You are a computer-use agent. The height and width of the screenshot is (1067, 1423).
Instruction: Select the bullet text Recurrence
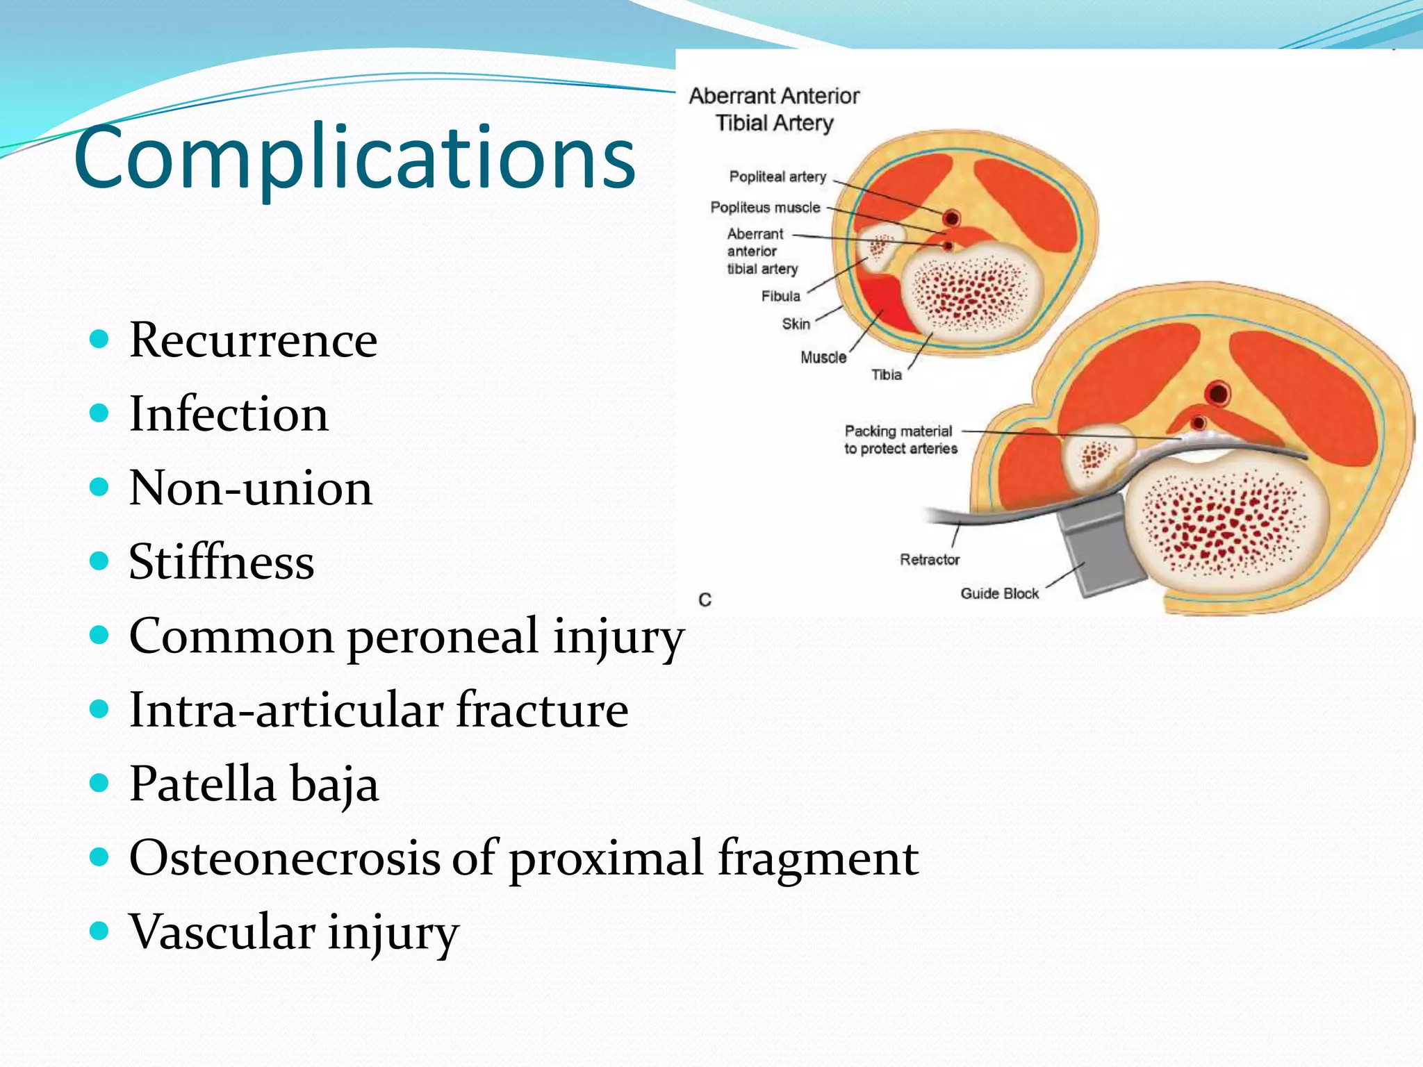[x=253, y=340]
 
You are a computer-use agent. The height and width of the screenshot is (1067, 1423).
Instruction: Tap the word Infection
[x=229, y=414]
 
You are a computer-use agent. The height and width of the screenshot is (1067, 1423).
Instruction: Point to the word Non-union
[x=251, y=488]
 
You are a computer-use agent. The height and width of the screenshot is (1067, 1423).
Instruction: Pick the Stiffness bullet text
[x=221, y=561]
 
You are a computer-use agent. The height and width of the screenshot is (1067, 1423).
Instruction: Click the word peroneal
[x=443, y=636]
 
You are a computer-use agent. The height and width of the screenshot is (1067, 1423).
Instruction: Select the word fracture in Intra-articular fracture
[x=542, y=710]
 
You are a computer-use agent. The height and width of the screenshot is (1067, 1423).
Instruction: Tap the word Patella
[x=203, y=784]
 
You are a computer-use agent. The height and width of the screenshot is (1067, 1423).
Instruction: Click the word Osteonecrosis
[x=284, y=858]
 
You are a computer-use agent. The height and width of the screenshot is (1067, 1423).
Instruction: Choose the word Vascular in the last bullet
[x=222, y=932]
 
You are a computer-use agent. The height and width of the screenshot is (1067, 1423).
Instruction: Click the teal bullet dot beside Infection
[x=100, y=413]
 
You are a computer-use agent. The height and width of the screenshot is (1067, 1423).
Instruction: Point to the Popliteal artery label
[x=778, y=176]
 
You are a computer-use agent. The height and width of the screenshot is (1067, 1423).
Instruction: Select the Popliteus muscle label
[x=765, y=208]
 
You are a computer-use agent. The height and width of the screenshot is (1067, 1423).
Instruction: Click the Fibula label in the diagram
[x=780, y=297]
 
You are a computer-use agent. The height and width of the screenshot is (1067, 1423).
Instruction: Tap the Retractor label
[x=929, y=560]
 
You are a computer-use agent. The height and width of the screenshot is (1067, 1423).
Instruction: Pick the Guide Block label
[x=999, y=594]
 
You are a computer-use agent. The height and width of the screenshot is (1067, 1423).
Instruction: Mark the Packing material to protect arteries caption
[x=900, y=440]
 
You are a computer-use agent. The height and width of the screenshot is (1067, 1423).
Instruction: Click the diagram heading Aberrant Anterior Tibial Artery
[x=774, y=110]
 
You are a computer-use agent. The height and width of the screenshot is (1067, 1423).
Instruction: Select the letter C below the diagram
[x=705, y=599]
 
